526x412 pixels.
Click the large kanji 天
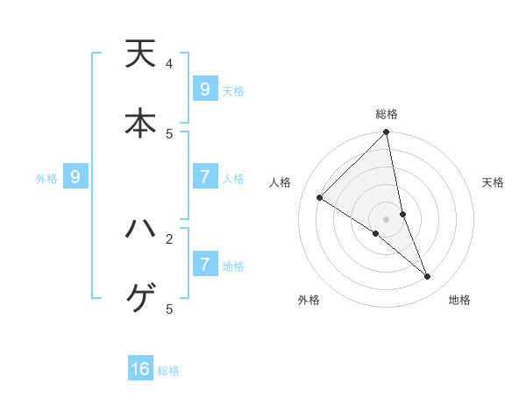140,53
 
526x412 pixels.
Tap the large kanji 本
140,123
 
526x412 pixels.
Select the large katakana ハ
140,229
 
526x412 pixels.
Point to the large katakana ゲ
140,299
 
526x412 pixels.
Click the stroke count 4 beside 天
169,64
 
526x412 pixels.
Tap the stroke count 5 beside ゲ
169,309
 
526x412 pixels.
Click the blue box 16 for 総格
140,369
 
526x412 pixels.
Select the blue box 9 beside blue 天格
204,89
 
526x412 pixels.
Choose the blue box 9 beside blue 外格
75,177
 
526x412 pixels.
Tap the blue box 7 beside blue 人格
204,177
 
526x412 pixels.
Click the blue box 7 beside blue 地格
204,264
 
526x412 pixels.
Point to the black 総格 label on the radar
387,114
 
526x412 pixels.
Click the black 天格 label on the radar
493,182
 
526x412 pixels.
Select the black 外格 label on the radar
309,300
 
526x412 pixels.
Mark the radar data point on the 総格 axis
387,132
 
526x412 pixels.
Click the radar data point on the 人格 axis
320,198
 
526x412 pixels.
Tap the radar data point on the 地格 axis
428,276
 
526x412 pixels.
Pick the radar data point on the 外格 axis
375,234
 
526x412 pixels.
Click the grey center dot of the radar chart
387,218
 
